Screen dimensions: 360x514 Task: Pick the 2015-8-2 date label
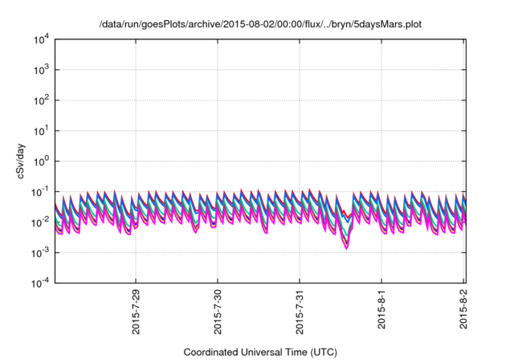click(463, 309)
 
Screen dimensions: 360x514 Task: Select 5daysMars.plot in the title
click(382, 25)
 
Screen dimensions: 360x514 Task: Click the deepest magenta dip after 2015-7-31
click(346, 248)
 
